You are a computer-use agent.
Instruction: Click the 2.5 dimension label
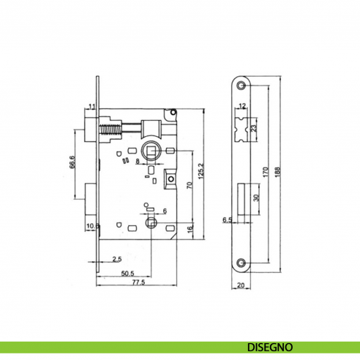click(117, 260)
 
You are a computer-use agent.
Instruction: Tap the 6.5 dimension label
click(227, 219)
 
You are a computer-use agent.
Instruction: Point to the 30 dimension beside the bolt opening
click(255, 198)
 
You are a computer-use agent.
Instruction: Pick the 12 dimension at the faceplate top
click(242, 107)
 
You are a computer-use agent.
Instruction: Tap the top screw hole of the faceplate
click(242, 86)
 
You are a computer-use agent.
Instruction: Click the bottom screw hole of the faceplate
click(242, 261)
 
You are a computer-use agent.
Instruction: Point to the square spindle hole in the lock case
click(152, 151)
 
